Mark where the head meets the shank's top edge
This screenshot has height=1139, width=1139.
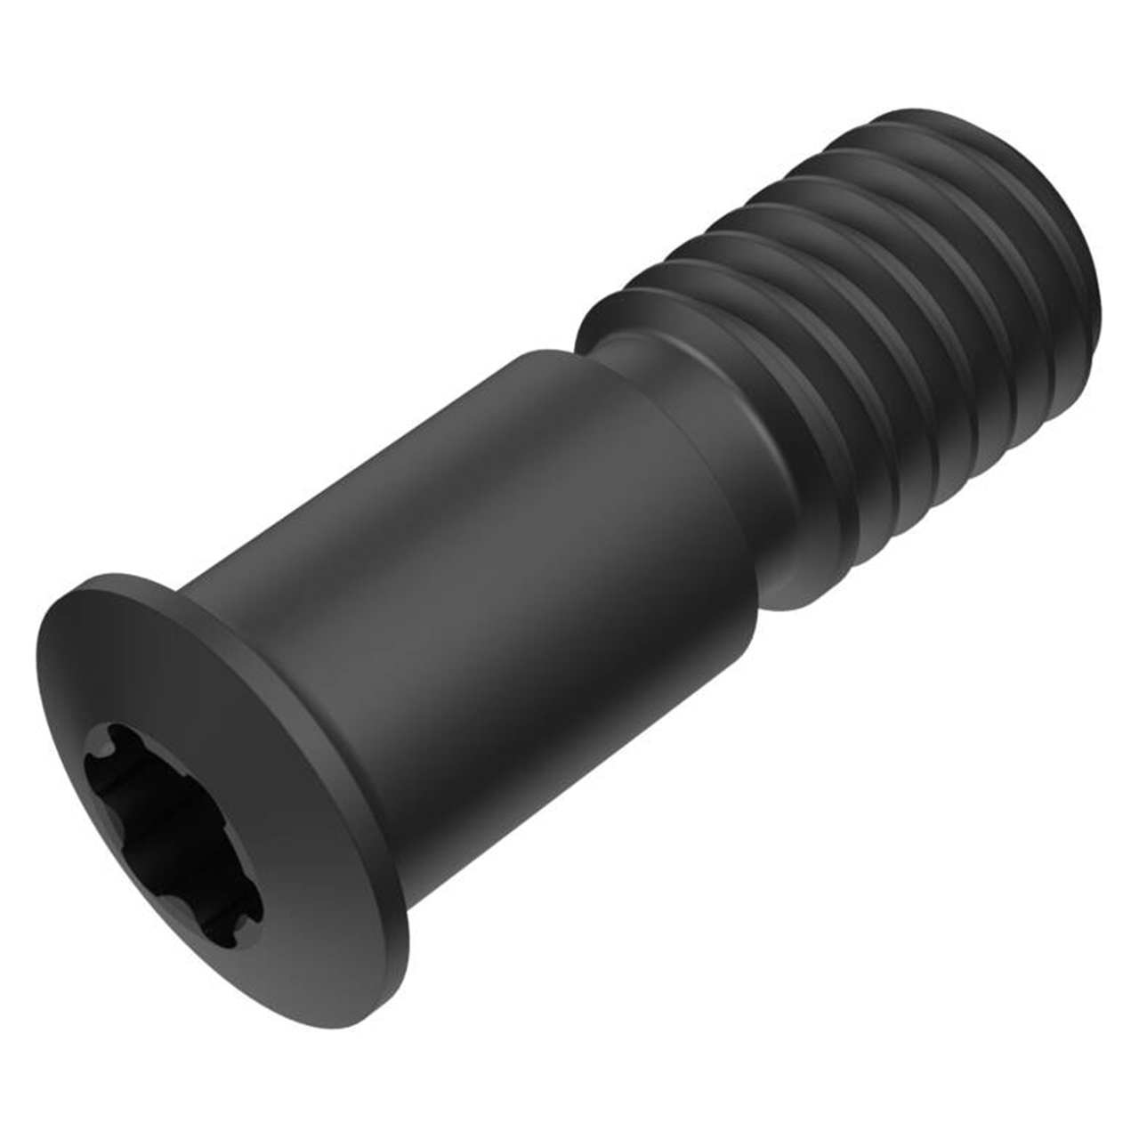[x=187, y=583]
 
